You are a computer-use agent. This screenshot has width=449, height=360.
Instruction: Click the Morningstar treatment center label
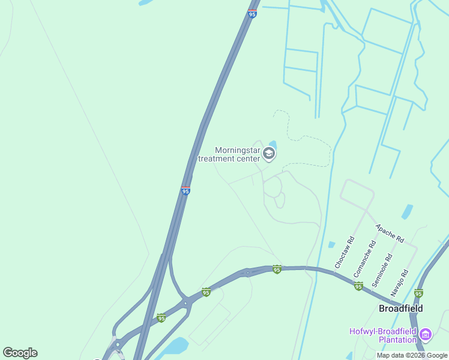point(237,154)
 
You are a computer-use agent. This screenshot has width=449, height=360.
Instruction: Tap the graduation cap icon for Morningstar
point(269,154)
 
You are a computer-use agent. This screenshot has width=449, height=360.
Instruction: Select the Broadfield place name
point(400,308)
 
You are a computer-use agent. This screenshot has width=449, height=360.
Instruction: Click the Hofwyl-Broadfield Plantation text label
point(383,335)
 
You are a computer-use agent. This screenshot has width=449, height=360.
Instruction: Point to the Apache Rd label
point(389,232)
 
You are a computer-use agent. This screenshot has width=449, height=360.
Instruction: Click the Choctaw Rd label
point(344,252)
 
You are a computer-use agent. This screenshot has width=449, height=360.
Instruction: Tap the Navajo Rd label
point(400,282)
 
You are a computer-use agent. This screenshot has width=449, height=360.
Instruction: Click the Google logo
point(20,353)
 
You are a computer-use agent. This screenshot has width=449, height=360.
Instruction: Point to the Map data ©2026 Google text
point(412,355)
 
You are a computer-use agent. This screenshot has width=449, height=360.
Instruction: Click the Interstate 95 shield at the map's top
point(252,13)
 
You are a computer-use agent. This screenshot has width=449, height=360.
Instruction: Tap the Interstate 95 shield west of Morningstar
point(185,190)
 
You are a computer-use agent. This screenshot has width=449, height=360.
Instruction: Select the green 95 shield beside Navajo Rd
point(418,293)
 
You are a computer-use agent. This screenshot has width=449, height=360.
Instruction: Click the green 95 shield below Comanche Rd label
point(358,286)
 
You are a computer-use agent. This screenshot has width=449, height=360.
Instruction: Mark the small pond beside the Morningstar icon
point(273,144)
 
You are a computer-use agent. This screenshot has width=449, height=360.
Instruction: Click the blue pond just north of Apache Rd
point(407,212)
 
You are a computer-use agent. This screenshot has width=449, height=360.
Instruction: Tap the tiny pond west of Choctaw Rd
point(331,244)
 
